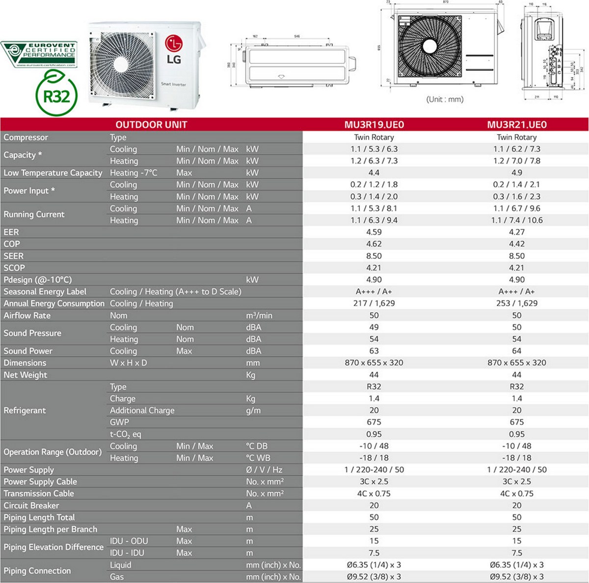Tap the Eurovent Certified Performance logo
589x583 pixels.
[x=39, y=55]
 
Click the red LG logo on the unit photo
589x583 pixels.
[x=173, y=50]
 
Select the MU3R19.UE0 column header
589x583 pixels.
[x=374, y=125]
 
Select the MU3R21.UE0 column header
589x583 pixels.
[x=517, y=125]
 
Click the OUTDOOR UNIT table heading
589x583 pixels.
[x=151, y=125]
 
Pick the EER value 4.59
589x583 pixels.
[x=374, y=232]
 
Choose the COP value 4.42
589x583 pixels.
[x=517, y=244]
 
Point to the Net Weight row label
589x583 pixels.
[x=26, y=375]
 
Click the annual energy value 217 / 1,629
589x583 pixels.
[x=374, y=303]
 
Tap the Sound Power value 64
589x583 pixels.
[x=517, y=351]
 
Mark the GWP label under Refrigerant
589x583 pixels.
[x=119, y=422]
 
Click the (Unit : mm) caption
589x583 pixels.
[x=445, y=99]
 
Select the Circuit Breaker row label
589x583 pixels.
[x=31, y=505]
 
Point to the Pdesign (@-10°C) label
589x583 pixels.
[x=38, y=279]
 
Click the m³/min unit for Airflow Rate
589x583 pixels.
[x=259, y=315]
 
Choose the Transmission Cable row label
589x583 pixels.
[x=39, y=494]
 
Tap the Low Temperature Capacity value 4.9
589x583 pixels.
[x=517, y=172]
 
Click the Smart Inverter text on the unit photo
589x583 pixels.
[x=174, y=84]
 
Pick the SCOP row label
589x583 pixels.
[x=14, y=268]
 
